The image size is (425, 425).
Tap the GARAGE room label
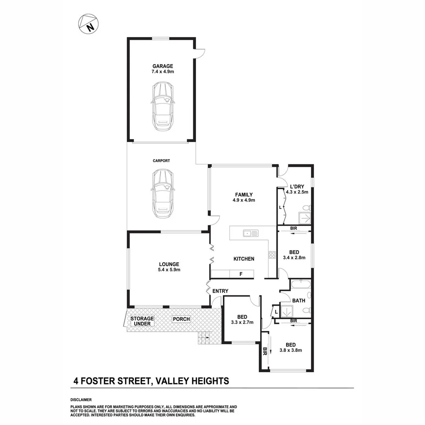tap(163, 66)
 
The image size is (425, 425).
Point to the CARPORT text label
tap(161, 161)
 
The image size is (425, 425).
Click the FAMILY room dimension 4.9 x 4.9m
tap(244, 200)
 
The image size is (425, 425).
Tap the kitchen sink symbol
tap(250, 233)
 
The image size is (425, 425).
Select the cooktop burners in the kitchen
tap(272, 255)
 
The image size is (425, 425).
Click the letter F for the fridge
tap(241, 274)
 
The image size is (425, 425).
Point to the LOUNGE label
tap(169, 264)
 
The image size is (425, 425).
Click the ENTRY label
tap(220, 291)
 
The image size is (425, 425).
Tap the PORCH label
tap(181, 319)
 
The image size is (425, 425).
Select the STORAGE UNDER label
tap(142, 321)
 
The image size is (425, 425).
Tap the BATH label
tap(299, 301)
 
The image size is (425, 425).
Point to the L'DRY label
tap(297, 187)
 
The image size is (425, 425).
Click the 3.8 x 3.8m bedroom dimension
tap(290, 350)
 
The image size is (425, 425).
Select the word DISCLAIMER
tap(81, 400)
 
